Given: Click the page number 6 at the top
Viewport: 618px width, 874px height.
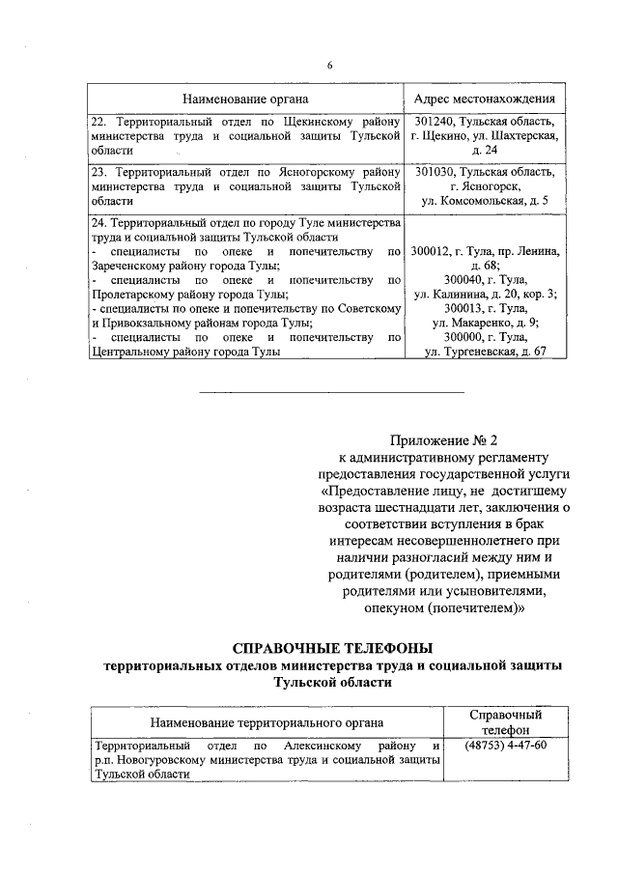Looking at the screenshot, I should [x=328, y=66].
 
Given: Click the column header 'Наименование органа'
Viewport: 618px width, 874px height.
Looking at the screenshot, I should [x=246, y=99].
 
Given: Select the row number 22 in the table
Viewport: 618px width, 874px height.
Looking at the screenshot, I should [x=97, y=122].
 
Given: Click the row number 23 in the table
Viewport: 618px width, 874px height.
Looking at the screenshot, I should [x=97, y=171].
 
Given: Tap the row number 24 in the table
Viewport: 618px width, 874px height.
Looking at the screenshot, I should [x=97, y=223].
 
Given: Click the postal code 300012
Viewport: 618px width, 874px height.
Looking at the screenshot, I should [x=432, y=251].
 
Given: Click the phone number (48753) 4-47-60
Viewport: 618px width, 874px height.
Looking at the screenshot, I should [x=504, y=746].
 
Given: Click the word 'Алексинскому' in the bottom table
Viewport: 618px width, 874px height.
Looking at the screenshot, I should [x=323, y=746].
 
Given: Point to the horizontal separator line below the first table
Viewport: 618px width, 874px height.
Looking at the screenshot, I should [x=331, y=391].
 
